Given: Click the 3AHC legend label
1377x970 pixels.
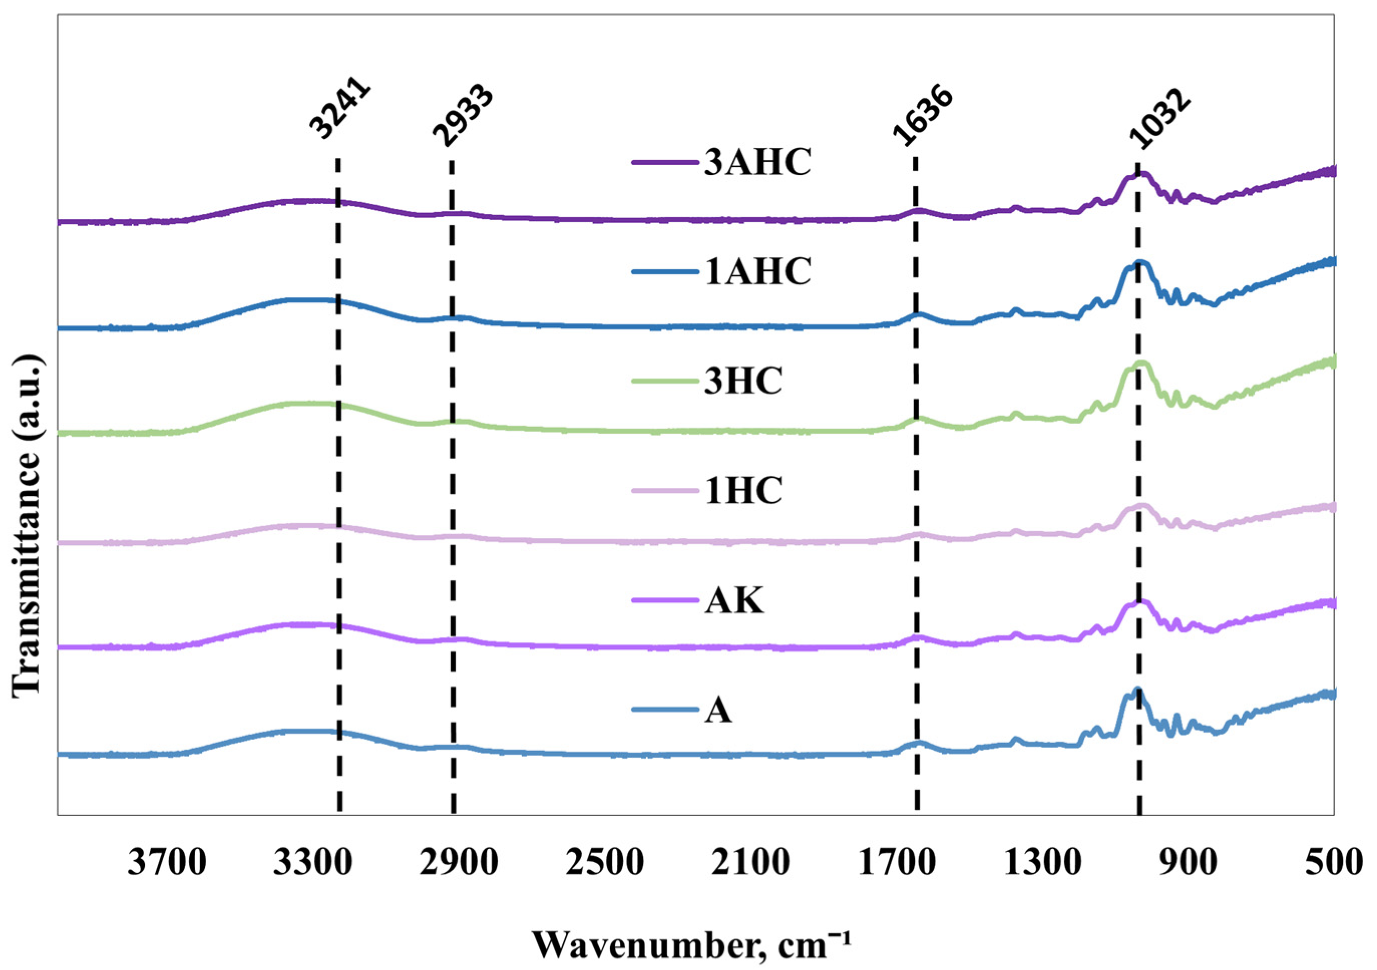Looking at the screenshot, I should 757,162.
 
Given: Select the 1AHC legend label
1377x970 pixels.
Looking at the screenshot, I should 757,271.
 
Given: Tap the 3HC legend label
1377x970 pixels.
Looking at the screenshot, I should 742,381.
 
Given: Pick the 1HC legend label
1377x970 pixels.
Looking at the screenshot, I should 742,491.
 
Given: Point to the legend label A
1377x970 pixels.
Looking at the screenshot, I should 718,710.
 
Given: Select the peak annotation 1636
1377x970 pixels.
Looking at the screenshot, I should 921,117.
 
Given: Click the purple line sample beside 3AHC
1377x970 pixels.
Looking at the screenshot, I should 666,162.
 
